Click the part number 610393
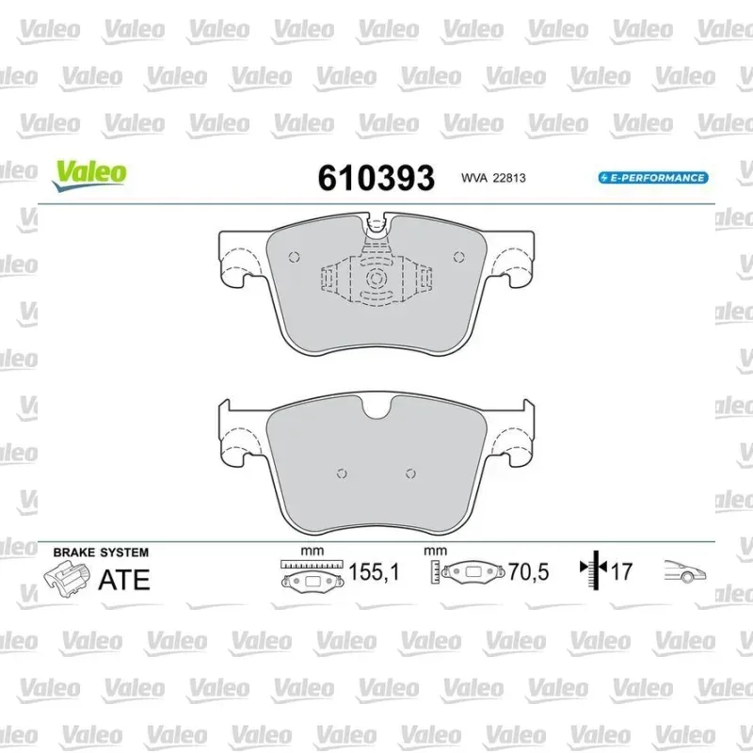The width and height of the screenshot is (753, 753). pos(376,178)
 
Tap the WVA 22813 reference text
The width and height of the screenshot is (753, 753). pos(493,178)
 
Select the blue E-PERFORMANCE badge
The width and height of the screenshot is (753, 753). pos(653,178)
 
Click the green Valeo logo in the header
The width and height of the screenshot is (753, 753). pos(89,176)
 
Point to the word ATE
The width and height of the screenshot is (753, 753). pos(124,580)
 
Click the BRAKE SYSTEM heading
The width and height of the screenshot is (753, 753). pos(101,553)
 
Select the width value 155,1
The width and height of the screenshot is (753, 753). pos(374,572)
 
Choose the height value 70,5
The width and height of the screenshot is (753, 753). pos(528,572)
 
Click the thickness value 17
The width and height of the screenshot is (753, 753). pos(622,571)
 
